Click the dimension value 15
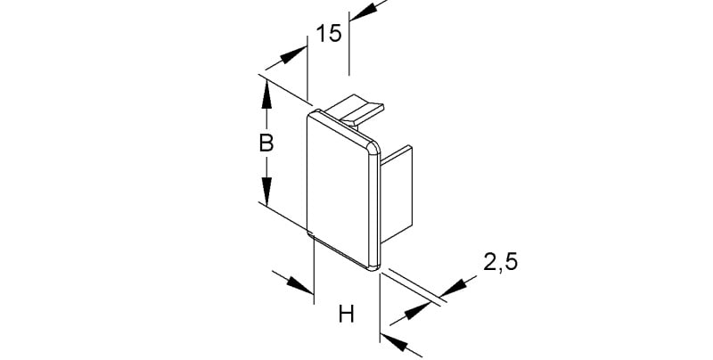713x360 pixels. [x=328, y=34]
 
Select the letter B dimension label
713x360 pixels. [x=266, y=143]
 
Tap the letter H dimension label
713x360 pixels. [x=347, y=314]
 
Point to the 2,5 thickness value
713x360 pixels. [x=501, y=263]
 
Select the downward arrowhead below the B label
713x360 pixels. [x=266, y=191]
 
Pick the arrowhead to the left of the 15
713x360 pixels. [x=293, y=55]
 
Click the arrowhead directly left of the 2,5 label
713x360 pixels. [x=455, y=288]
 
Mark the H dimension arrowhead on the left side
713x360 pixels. [x=300, y=285]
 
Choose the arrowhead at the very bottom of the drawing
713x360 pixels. [x=394, y=342]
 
